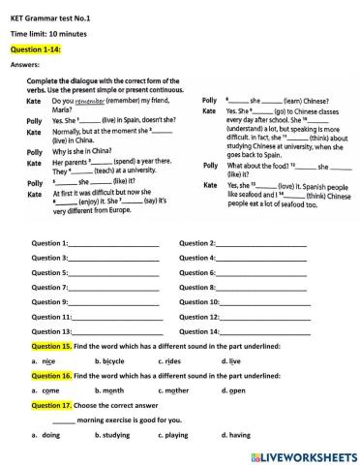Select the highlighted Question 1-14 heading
(34, 48)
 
